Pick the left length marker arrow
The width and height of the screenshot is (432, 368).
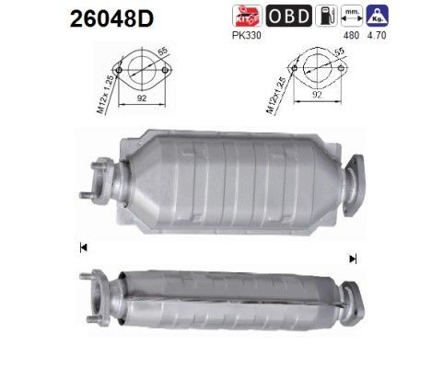84,247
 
